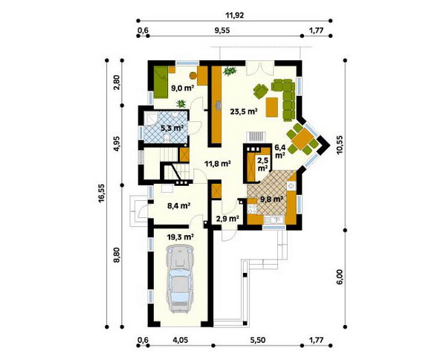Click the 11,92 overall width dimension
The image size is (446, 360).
[x=235, y=16]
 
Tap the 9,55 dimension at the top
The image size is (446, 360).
[x=222, y=30]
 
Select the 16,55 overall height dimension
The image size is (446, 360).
[x=102, y=193]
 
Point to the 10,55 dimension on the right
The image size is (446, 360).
[x=340, y=145]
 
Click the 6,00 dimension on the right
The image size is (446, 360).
[x=341, y=277]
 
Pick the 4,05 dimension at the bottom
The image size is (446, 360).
[x=180, y=340]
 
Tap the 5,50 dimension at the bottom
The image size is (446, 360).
[x=257, y=340]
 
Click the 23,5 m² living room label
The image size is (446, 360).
[x=244, y=112]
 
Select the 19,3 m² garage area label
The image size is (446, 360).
[x=180, y=237]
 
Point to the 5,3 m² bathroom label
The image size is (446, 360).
[x=172, y=128]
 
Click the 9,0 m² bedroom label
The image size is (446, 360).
[x=182, y=88]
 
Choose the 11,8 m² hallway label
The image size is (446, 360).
[x=217, y=164]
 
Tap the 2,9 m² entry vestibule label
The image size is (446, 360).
[x=227, y=219]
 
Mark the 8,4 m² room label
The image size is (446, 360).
[x=178, y=205]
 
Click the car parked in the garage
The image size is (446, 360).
[x=180, y=280]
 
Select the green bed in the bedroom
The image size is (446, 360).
[x=161, y=83]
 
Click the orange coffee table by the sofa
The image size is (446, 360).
[x=272, y=107]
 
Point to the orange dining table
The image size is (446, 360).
[x=303, y=140]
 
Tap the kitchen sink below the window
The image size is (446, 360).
[x=274, y=219]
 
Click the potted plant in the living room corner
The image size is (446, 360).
[x=230, y=71]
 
